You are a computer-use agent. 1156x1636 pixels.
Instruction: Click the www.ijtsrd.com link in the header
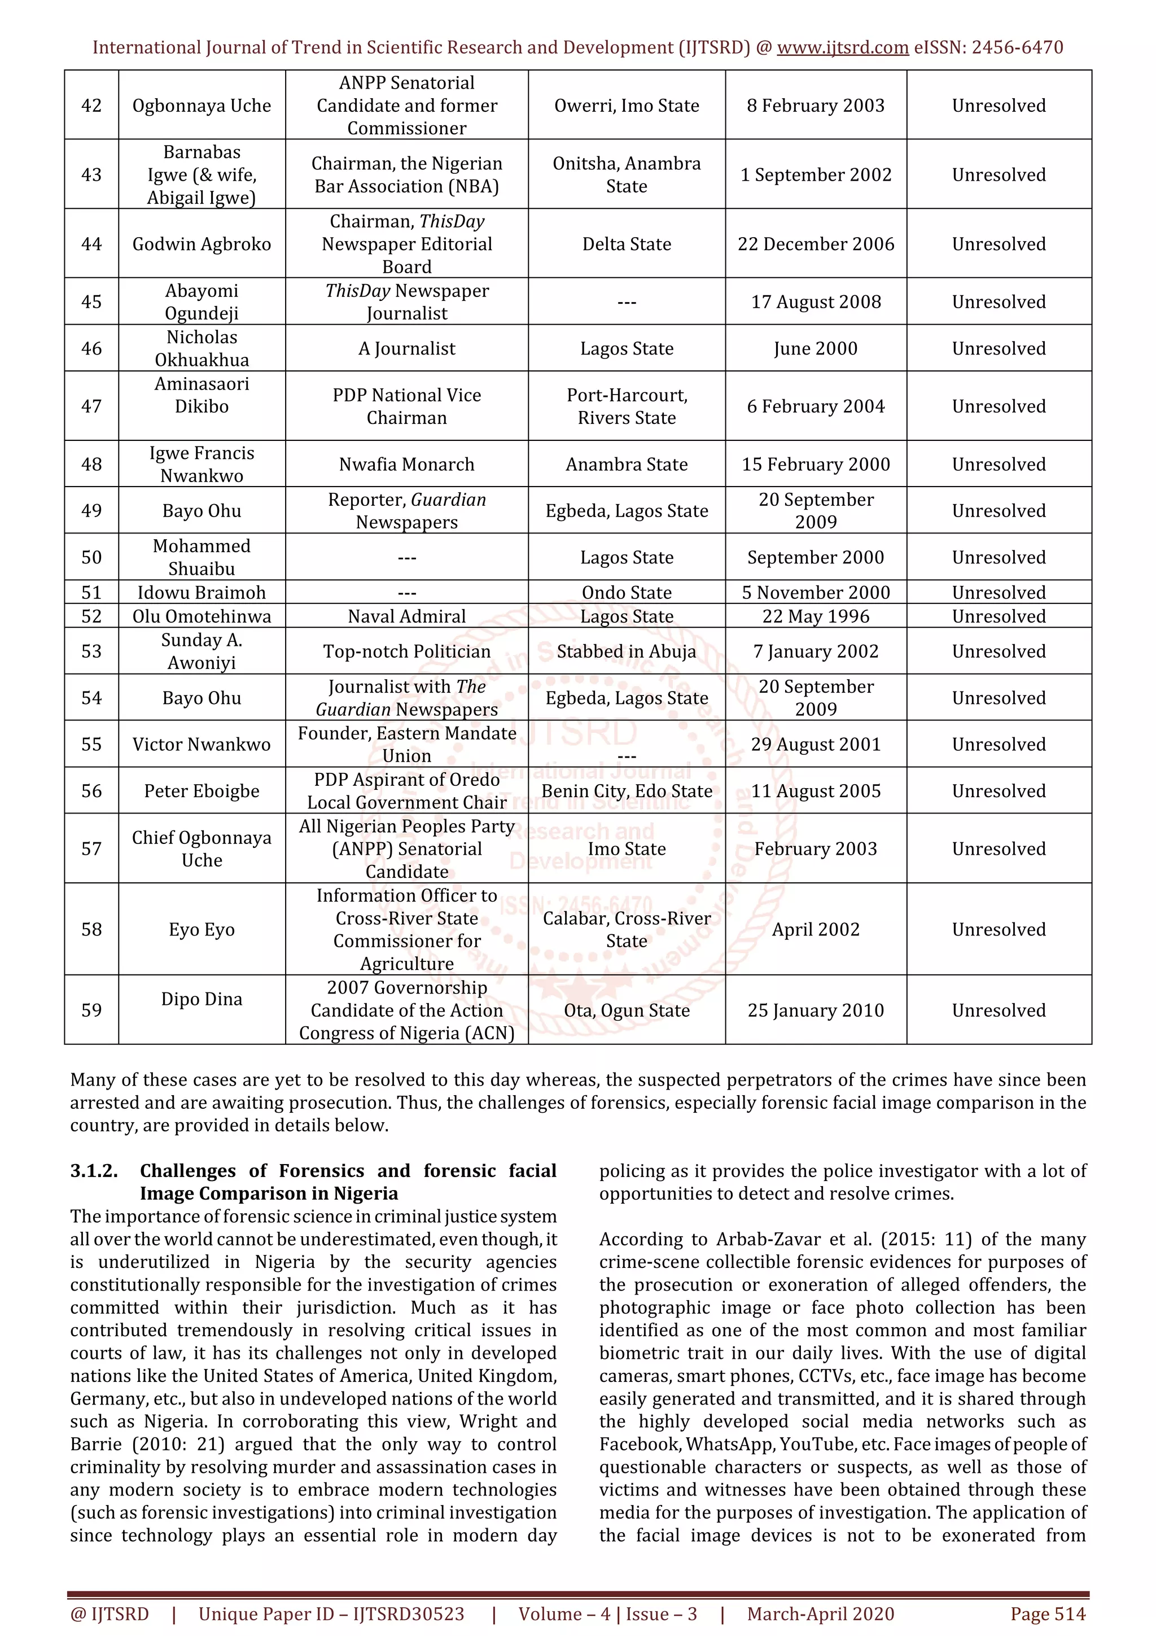point(842,48)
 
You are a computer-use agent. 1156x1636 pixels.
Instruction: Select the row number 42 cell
point(91,106)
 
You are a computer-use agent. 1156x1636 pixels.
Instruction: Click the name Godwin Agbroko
point(202,244)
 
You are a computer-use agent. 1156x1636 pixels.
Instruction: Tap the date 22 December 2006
point(816,244)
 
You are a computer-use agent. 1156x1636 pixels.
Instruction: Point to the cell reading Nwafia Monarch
point(407,464)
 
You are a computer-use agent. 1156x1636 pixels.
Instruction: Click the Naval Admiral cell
point(407,616)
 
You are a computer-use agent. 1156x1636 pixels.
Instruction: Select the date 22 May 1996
point(816,616)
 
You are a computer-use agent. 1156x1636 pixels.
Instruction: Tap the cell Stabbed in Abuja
point(627,651)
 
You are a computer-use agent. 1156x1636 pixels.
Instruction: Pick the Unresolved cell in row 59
point(999,1010)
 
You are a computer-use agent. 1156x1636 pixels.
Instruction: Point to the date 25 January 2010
point(816,1010)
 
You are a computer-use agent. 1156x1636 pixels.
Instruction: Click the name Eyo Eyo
point(202,929)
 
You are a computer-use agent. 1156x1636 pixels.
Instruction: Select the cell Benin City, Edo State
point(627,791)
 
